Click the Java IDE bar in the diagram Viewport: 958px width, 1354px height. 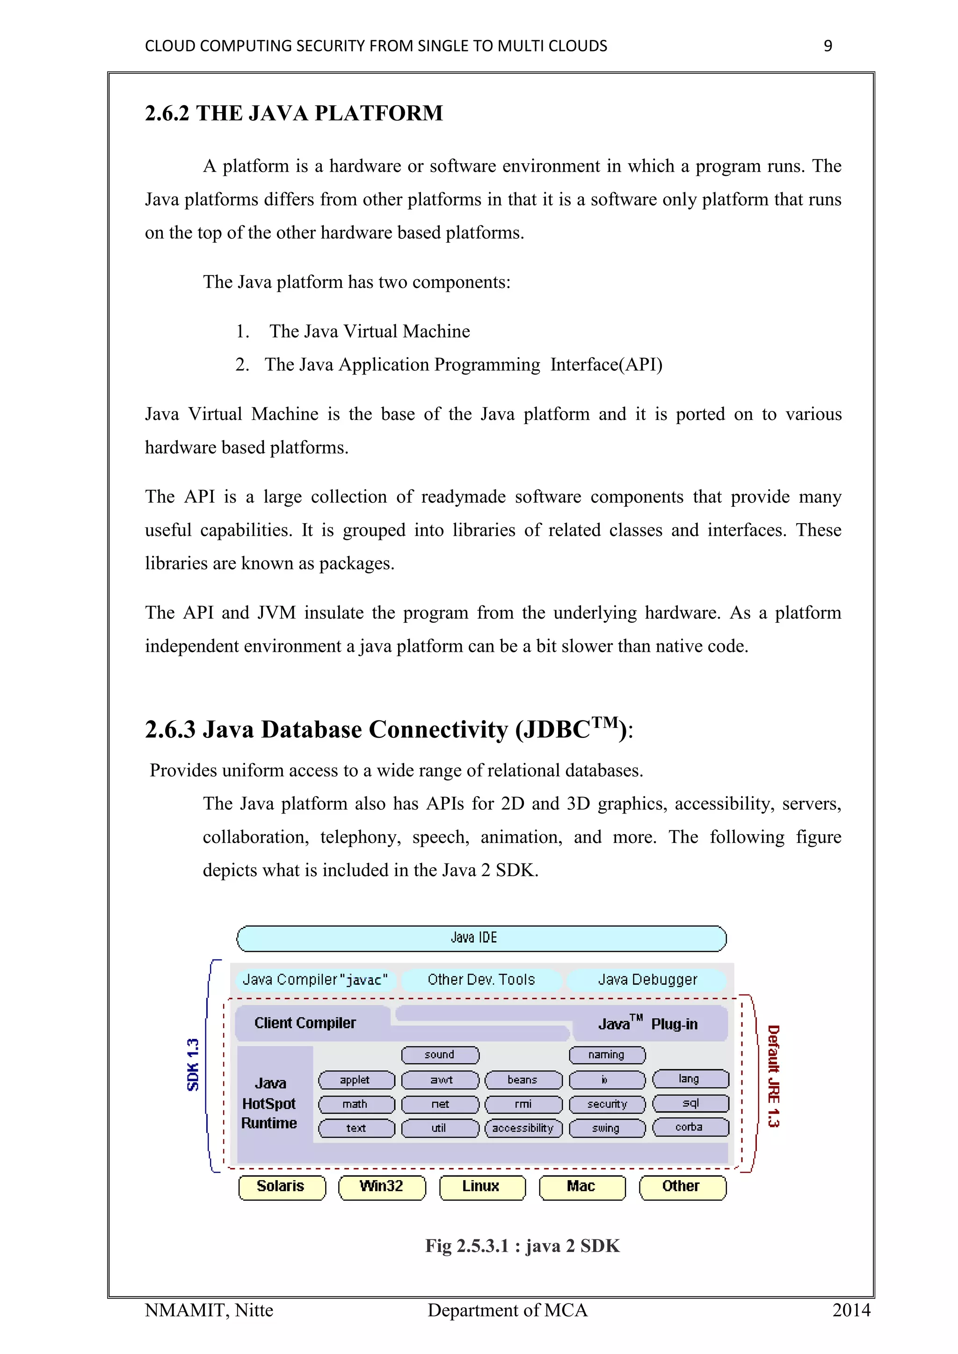click(481, 938)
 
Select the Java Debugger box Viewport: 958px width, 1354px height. click(646, 979)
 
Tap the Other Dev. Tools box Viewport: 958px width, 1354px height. click(481, 979)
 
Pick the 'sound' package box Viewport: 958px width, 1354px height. click(440, 1054)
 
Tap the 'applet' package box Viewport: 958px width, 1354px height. click(356, 1080)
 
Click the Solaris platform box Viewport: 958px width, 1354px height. click(282, 1187)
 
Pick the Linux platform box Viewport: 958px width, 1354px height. click(481, 1187)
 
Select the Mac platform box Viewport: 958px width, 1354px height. click(581, 1187)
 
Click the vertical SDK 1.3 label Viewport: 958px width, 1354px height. click(193, 1065)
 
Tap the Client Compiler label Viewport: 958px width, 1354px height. click(305, 1023)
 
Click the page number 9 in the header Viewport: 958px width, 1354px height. click(827, 46)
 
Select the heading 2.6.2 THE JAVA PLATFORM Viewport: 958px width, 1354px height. click(294, 113)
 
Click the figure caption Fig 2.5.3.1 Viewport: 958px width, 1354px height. click(522, 1246)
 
